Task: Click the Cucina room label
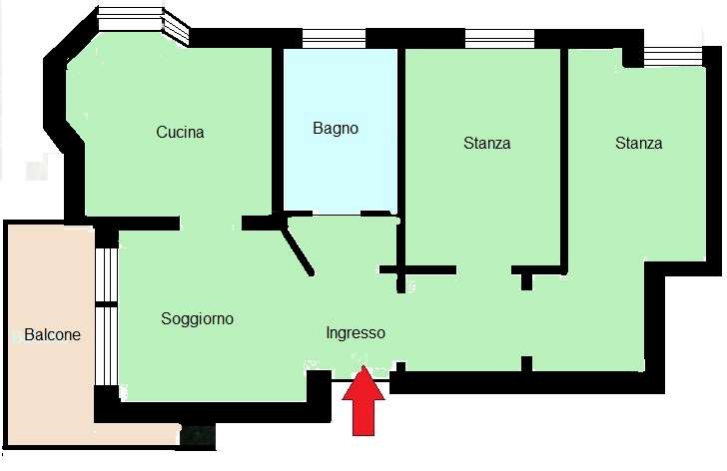click(x=180, y=132)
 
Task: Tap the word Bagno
click(x=336, y=129)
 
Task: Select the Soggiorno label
click(x=197, y=319)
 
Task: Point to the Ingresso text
click(x=356, y=333)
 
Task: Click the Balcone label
click(x=52, y=334)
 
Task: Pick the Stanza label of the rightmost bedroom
click(x=638, y=143)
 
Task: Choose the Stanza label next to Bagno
click(x=487, y=143)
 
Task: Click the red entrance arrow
click(x=363, y=400)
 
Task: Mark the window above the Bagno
click(x=334, y=39)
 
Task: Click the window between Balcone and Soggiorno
click(x=106, y=316)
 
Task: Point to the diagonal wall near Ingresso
click(x=298, y=247)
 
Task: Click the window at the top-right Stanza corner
click(x=673, y=57)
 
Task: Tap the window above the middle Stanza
click(x=499, y=39)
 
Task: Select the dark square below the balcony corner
click(x=198, y=436)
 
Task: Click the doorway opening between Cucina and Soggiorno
click(x=211, y=224)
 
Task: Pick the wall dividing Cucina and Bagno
click(x=278, y=131)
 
